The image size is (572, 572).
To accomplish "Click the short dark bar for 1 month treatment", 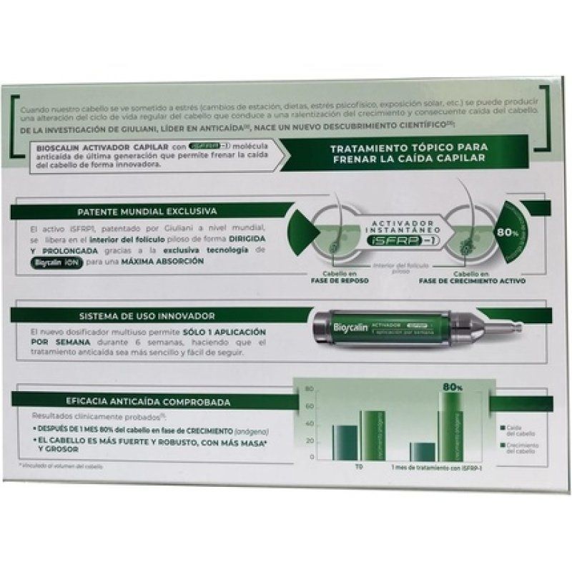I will click(x=422, y=450).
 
